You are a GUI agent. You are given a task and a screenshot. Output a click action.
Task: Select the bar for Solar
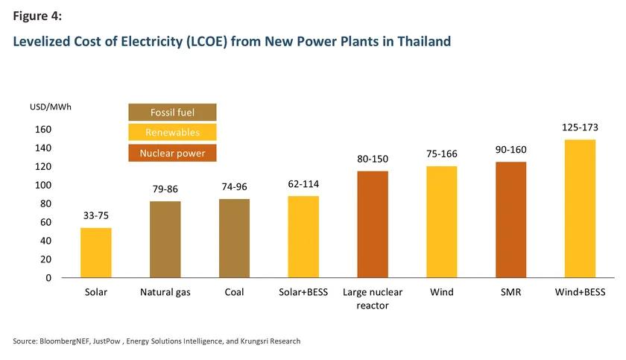pyautogui.click(x=95, y=253)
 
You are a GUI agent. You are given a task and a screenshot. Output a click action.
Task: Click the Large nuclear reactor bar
pyautogui.click(x=373, y=224)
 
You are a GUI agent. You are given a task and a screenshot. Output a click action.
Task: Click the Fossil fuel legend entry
pyautogui.click(x=172, y=113)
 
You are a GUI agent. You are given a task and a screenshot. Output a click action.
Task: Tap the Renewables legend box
pyautogui.click(x=172, y=133)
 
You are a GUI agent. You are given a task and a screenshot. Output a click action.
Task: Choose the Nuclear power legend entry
pyautogui.click(x=172, y=153)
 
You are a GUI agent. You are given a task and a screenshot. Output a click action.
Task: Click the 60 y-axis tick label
pyautogui.click(x=45, y=222)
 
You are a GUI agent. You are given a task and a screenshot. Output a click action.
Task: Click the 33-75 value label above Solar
pyautogui.click(x=95, y=216)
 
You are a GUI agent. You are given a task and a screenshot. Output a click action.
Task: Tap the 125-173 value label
pyautogui.click(x=580, y=127)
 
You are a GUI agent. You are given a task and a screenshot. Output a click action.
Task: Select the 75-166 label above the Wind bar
pyautogui.click(x=442, y=154)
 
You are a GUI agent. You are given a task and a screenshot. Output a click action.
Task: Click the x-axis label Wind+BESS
pyautogui.click(x=580, y=292)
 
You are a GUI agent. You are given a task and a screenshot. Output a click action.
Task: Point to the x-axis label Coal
pyautogui.click(x=234, y=292)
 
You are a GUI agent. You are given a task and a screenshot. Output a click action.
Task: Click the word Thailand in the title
pyautogui.click(x=419, y=42)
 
